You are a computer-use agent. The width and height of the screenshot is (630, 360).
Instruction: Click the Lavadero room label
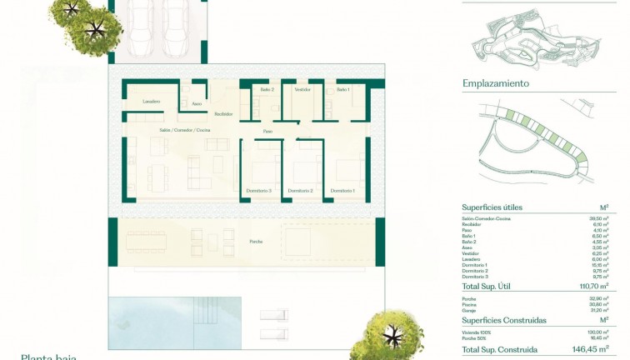(151, 102)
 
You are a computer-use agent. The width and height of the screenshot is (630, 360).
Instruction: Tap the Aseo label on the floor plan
(197, 104)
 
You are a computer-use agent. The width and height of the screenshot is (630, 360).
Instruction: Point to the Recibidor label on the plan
(222, 114)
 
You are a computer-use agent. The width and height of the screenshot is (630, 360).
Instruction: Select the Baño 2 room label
(267, 89)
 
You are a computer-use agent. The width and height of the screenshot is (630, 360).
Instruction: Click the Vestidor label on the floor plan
(302, 89)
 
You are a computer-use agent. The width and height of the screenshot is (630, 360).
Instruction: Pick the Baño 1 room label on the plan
(343, 89)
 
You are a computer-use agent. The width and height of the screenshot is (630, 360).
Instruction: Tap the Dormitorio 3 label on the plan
(258, 192)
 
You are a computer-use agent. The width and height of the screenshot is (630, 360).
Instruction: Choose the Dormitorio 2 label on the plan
(300, 192)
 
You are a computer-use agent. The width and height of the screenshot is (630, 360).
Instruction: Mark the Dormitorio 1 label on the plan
(342, 192)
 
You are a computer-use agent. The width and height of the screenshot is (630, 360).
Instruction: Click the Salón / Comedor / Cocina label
(185, 131)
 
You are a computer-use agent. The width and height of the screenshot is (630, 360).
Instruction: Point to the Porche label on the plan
(256, 241)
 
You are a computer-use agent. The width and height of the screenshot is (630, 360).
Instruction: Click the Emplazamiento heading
(496, 83)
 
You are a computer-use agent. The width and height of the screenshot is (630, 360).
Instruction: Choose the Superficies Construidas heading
(504, 320)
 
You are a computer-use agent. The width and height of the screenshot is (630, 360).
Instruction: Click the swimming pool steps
(205, 310)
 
